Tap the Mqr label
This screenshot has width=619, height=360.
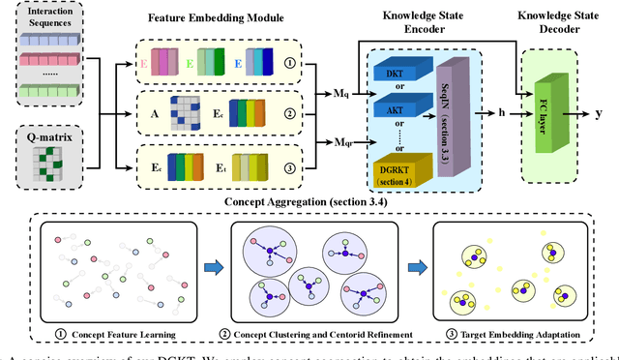pos(331,143)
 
